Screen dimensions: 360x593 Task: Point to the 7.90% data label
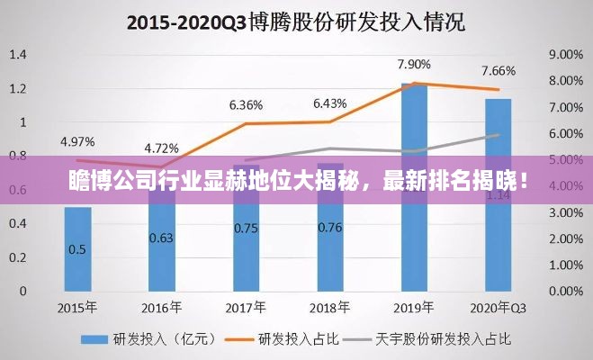[414, 65]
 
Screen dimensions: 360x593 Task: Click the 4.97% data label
[77, 141]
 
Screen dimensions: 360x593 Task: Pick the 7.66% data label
[498, 71]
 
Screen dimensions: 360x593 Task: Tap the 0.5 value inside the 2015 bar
[77, 249]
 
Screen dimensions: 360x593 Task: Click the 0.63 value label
[161, 238]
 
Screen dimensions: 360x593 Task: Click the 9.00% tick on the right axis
[564, 55]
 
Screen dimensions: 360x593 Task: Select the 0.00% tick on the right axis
[564, 292]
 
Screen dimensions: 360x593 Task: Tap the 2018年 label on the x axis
[329, 307]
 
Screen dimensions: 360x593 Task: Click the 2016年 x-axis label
[161, 307]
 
